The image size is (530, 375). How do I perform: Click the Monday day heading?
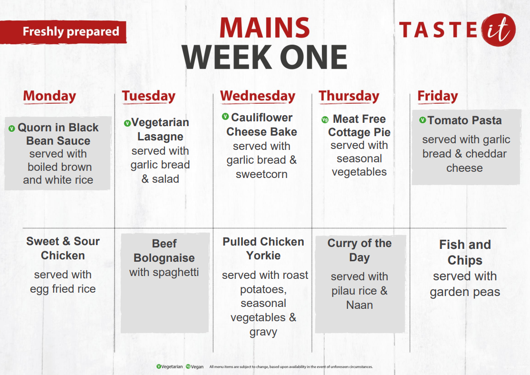(50, 96)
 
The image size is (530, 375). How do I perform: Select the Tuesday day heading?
(149, 96)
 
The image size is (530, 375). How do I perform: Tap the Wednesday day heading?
(258, 96)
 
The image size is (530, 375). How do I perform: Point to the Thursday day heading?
(349, 96)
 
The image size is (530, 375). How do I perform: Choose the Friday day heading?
(438, 96)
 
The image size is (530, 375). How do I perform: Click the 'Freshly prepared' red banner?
(63, 32)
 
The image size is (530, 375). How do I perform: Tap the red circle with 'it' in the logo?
(498, 30)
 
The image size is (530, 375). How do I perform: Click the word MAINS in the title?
(265, 28)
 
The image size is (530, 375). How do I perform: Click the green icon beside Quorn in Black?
(12, 128)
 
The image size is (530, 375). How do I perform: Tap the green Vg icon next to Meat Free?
(325, 119)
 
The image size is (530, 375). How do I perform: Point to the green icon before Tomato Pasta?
(423, 120)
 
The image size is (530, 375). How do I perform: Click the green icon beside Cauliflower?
(225, 117)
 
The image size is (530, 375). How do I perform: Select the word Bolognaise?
(164, 258)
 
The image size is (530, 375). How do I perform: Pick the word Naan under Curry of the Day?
(360, 305)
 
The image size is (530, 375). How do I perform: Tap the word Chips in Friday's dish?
(465, 260)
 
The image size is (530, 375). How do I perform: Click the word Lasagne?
(160, 137)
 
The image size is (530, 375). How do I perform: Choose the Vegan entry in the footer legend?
(195, 366)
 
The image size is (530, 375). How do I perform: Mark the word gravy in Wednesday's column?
(263, 332)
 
